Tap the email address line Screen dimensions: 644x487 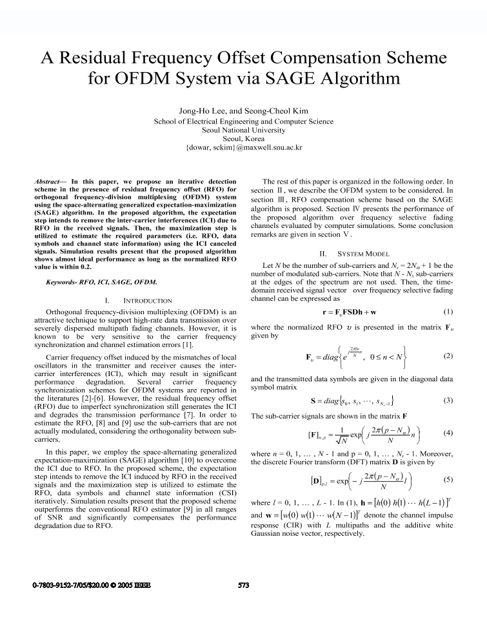tap(244, 147)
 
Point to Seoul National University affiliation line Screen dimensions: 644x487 tap(243, 129)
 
